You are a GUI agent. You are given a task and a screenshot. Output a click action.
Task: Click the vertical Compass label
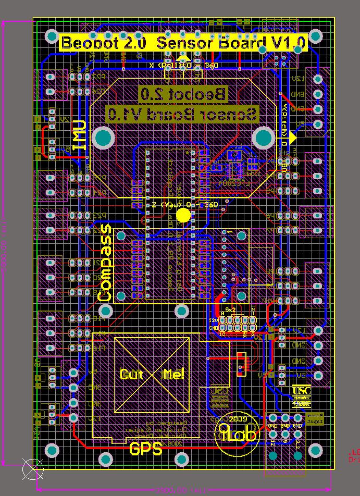point(105,263)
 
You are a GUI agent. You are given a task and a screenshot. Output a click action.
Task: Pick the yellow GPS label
point(145,448)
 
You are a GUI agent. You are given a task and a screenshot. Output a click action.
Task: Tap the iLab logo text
point(239,433)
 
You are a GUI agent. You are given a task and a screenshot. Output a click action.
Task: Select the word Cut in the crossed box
point(131,374)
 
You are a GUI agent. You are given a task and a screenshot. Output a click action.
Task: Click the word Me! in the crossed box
point(173,374)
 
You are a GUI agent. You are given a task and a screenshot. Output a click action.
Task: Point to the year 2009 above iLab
point(238,418)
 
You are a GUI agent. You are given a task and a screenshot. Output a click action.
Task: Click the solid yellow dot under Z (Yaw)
point(183,215)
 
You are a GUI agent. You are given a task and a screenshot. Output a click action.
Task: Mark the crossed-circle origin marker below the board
point(33,469)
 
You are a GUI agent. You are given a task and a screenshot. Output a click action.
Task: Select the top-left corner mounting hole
point(52,36)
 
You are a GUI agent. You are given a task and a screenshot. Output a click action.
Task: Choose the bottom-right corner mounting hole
point(316,450)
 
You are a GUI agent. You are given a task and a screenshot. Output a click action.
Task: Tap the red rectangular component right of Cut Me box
point(240,364)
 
